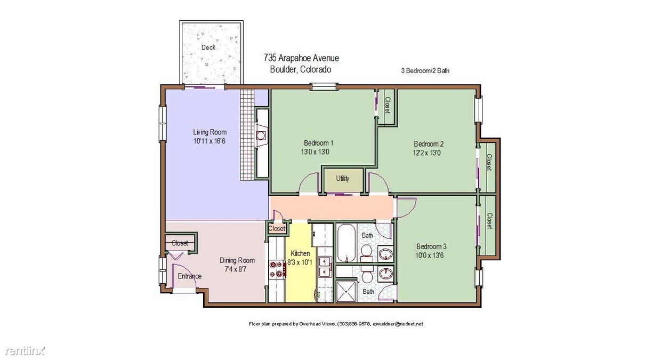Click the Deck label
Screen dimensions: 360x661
coord(208,47)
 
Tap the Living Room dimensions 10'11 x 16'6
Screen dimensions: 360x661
coord(209,141)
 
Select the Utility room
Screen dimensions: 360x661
coord(343,179)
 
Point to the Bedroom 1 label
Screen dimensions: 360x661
coord(319,143)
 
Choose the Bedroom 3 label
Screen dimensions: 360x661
coord(431,246)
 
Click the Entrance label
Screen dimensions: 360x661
coord(190,276)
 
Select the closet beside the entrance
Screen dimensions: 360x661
coord(180,243)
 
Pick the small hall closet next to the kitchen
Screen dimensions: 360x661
coord(277,229)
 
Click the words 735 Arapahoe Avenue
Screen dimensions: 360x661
coord(301,58)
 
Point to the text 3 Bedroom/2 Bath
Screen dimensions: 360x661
coord(425,70)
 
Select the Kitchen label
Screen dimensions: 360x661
coord(300,253)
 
